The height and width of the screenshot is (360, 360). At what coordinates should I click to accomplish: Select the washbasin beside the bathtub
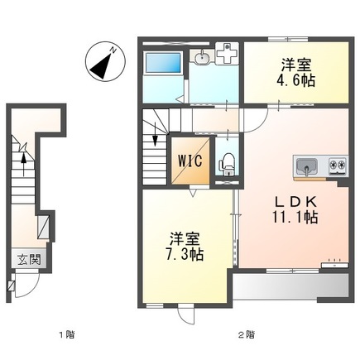202,58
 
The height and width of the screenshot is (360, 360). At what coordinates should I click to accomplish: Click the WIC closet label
185,161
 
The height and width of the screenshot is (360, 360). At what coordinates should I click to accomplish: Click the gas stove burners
338,166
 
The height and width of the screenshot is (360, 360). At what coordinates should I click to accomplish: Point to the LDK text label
294,201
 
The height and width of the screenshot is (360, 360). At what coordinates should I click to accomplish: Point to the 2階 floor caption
246,335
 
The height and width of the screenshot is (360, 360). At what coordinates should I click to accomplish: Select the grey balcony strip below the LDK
290,287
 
